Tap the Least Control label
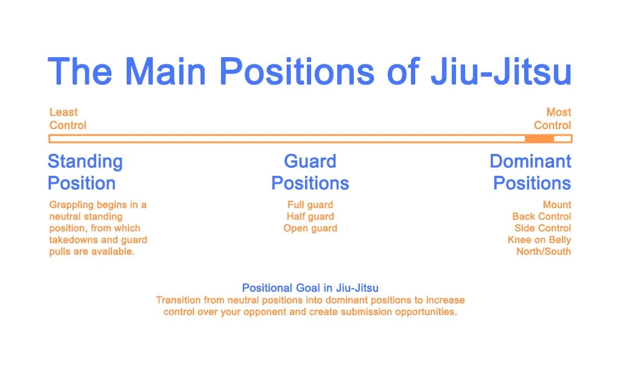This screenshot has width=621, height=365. click(x=68, y=119)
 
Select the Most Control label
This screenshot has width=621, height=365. click(x=552, y=119)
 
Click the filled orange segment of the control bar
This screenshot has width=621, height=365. click(x=539, y=139)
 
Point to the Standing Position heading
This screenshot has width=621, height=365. click(x=85, y=172)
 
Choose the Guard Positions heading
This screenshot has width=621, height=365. click(x=310, y=172)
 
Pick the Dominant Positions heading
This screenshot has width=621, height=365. click(x=531, y=172)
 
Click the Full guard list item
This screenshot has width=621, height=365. click(x=310, y=205)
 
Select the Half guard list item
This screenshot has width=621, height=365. click(x=310, y=217)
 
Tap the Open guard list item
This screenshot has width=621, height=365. click(x=310, y=229)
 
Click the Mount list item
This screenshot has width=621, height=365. click(x=556, y=205)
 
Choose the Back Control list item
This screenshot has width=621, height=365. click(x=541, y=217)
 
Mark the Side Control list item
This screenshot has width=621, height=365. click(x=542, y=229)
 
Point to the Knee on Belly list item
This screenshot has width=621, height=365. click(x=539, y=240)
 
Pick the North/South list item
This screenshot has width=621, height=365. click(x=543, y=252)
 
